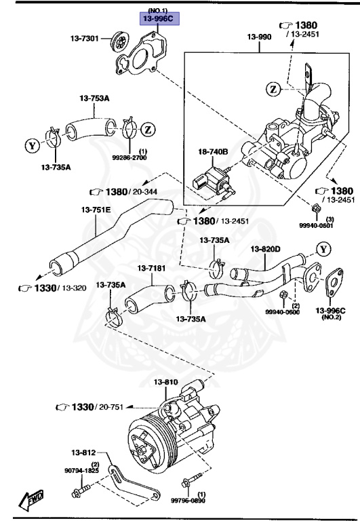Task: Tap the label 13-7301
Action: pyautogui.click(x=84, y=39)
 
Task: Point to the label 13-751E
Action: pyautogui.click(x=97, y=209)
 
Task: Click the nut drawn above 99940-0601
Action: pyautogui.click(x=316, y=208)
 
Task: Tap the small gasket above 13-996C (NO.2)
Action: pyautogui.click(x=332, y=286)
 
